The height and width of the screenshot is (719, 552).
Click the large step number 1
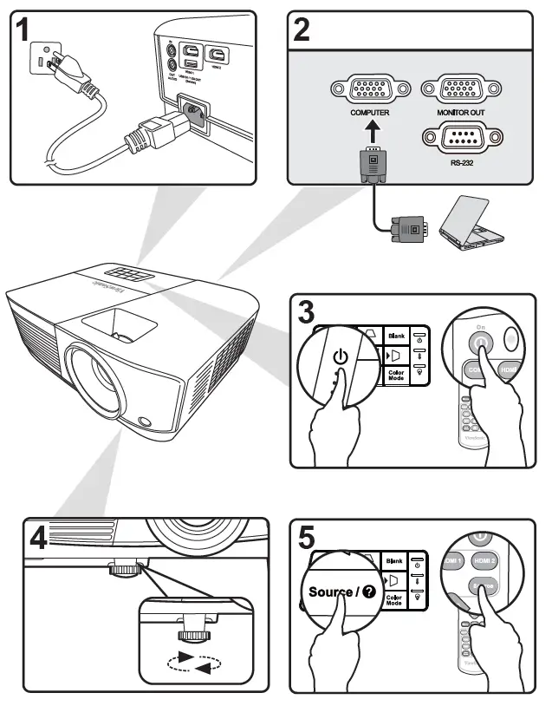28,32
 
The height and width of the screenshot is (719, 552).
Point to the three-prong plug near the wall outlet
71,75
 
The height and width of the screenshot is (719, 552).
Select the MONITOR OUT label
461,114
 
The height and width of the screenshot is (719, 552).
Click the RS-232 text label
460,161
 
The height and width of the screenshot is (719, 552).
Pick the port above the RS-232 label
460,138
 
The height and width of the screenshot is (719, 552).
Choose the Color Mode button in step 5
394,598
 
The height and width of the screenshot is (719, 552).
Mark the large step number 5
306,538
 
